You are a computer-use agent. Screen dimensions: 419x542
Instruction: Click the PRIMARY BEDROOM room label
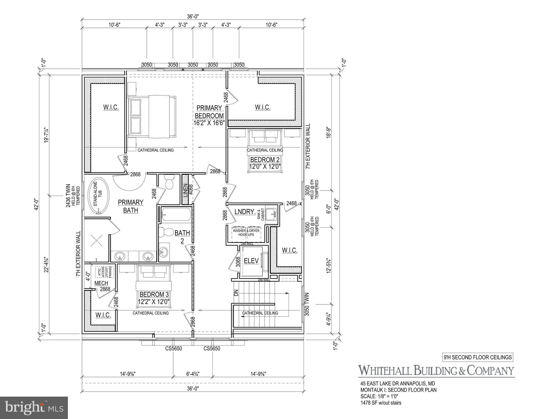click(209, 112)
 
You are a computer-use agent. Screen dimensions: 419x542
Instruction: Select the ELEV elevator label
click(251, 261)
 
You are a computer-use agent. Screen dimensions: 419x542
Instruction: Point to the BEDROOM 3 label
click(154, 295)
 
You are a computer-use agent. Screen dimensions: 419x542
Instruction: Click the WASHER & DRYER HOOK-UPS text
click(246, 233)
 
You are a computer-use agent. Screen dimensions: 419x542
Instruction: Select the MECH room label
click(101, 283)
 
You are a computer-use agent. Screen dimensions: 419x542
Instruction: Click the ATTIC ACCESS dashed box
click(104, 272)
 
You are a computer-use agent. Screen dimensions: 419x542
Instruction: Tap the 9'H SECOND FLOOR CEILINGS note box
click(477, 357)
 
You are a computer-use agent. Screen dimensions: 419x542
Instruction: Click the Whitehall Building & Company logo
click(436, 370)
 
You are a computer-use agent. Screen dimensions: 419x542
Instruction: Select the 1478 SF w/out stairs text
click(381, 403)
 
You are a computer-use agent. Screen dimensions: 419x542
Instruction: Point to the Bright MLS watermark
click(34, 408)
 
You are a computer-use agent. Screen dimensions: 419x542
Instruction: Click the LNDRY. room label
click(245, 212)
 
